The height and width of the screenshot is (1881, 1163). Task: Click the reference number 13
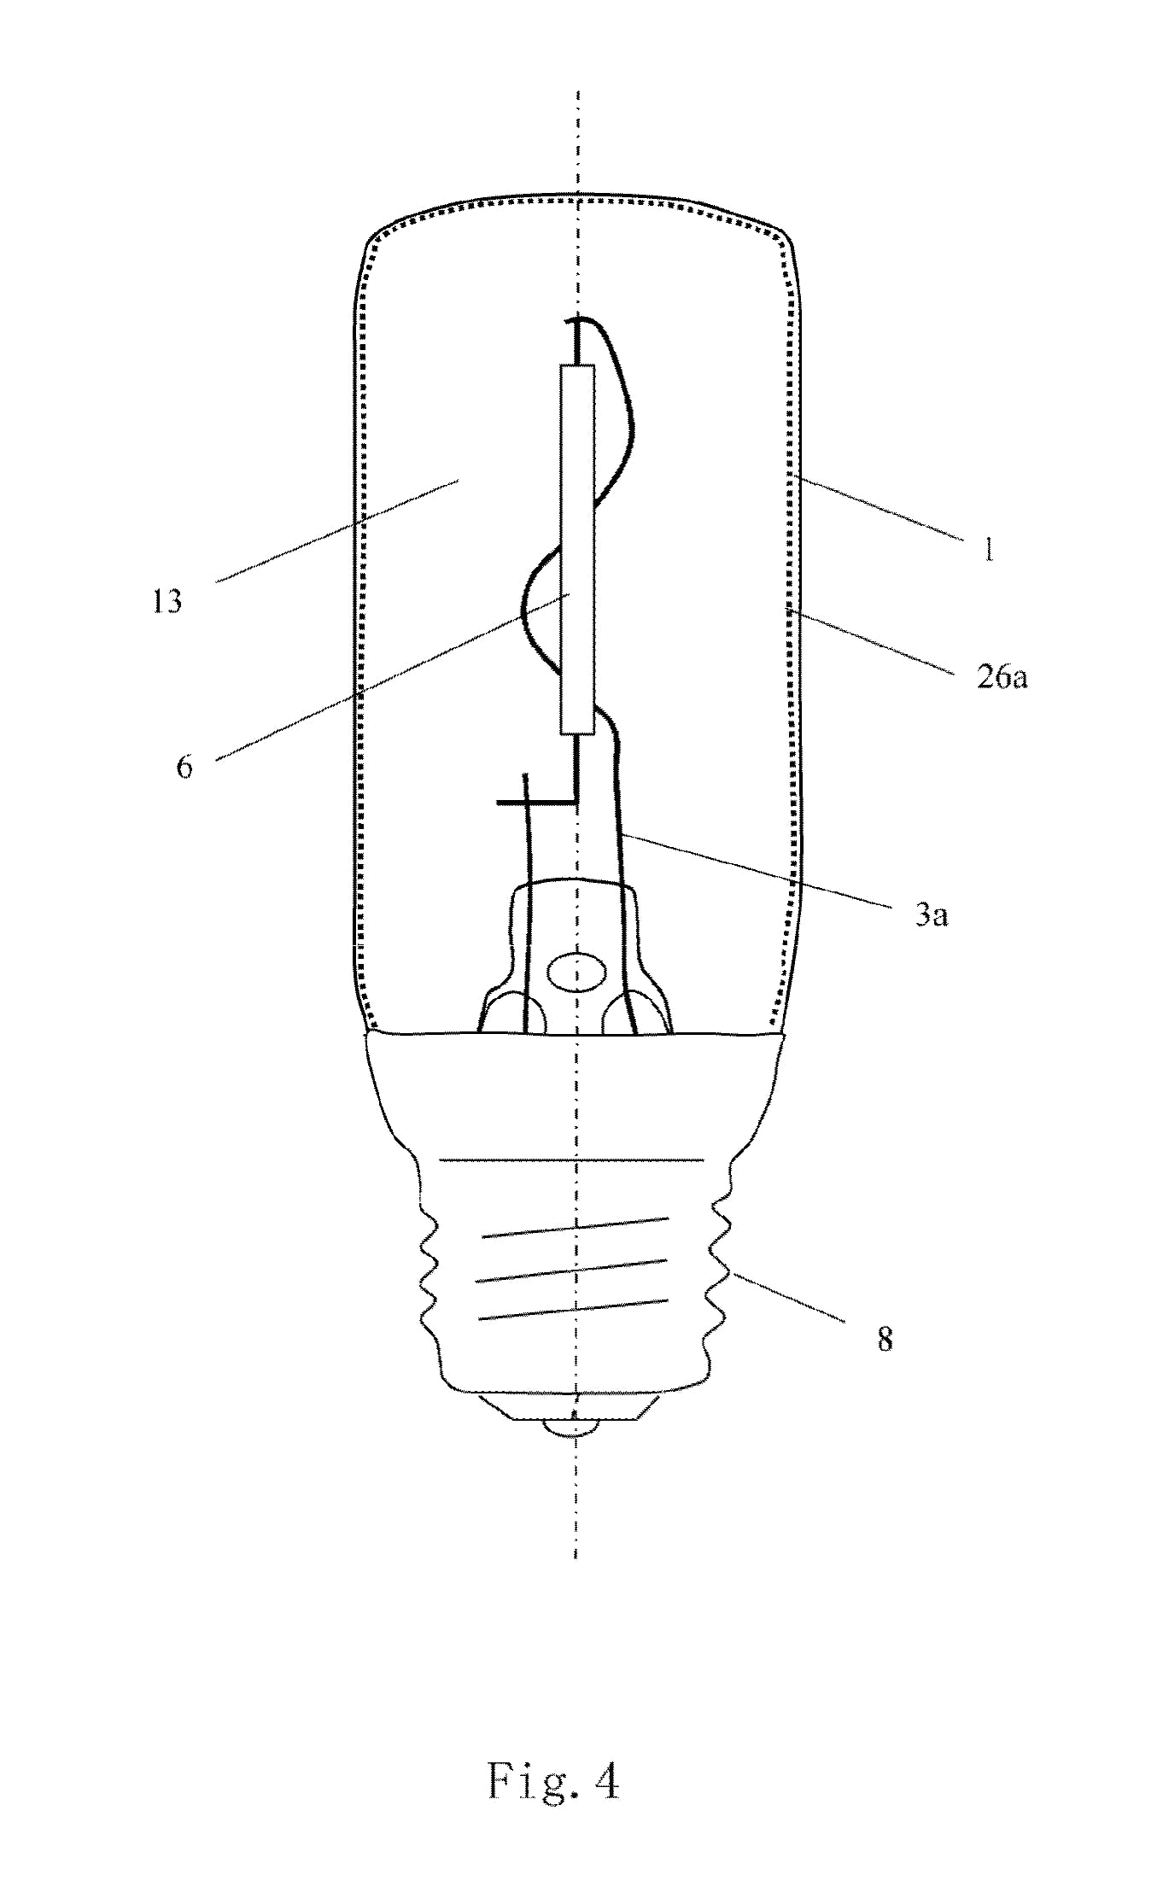point(169,602)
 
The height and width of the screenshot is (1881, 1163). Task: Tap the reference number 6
point(184,766)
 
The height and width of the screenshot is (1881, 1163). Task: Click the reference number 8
point(885,1340)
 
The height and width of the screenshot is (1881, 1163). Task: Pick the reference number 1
point(987,549)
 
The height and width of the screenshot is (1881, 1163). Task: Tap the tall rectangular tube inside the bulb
point(577,549)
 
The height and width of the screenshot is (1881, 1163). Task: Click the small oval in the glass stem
point(577,973)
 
